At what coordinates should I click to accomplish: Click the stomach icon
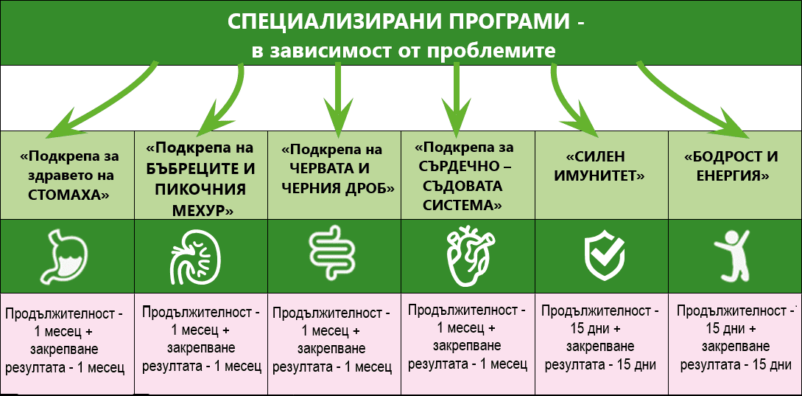tap(66, 256)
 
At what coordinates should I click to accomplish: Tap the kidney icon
tap(196, 257)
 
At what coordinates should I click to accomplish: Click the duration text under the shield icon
tap(600, 337)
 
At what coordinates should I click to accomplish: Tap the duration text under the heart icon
tap(467, 336)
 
